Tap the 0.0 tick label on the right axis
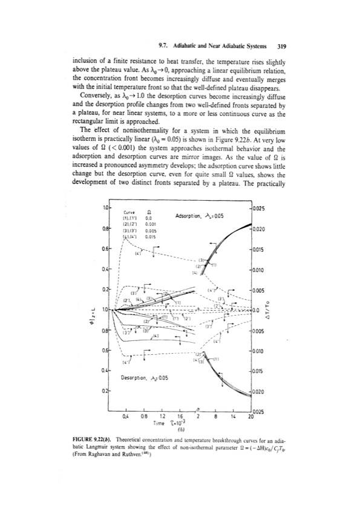(257, 310)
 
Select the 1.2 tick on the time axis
(161, 417)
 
